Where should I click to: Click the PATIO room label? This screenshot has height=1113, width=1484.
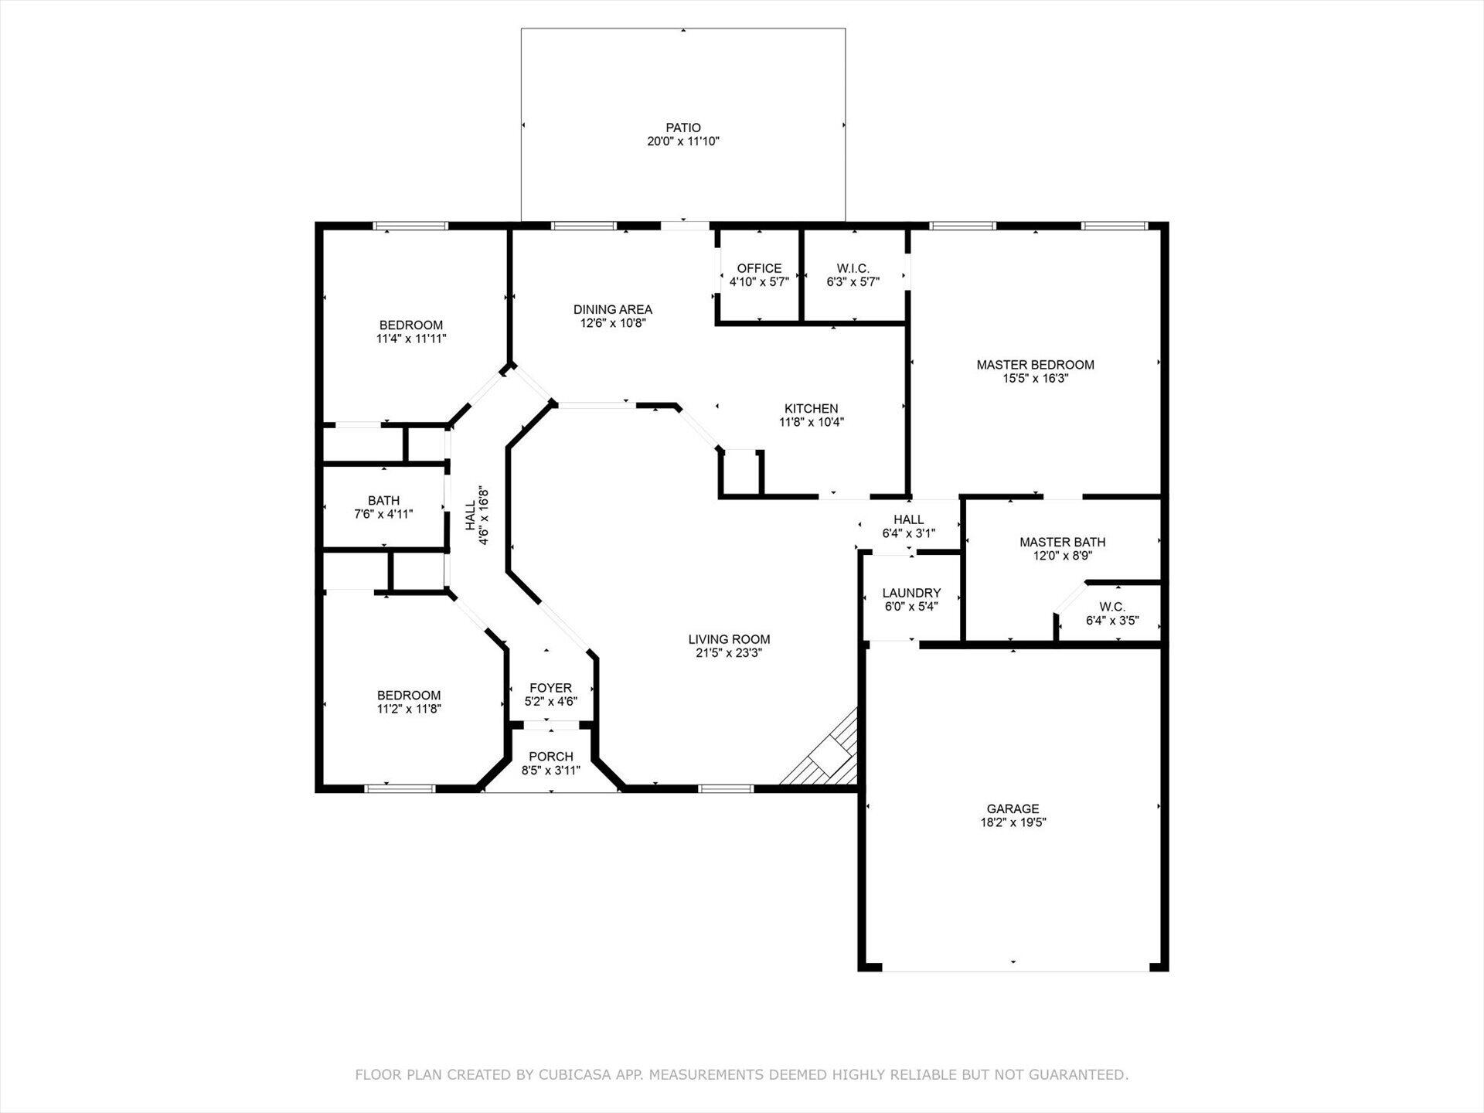coord(683,128)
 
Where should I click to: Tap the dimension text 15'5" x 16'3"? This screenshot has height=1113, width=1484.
coord(1035,379)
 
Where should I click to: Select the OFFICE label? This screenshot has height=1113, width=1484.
coord(759,268)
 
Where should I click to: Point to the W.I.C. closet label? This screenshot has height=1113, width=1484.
coord(853,268)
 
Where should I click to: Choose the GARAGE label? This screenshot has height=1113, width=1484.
coord(1013,808)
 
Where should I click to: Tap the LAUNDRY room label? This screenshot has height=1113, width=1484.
coord(911,593)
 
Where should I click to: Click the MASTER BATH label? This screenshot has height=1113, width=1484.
coord(1062,542)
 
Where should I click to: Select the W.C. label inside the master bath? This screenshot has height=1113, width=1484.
coord(1112,607)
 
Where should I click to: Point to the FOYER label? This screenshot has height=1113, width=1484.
coord(550,688)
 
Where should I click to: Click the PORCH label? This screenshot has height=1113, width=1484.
coord(551,757)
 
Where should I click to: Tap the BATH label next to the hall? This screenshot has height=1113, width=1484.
coord(383,501)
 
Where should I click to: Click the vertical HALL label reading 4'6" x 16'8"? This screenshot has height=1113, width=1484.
coord(477,516)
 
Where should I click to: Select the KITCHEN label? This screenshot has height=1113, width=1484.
coord(811,408)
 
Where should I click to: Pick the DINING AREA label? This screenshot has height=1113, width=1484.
coord(612,309)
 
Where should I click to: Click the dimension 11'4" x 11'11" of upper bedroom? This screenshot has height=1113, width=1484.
coord(411,339)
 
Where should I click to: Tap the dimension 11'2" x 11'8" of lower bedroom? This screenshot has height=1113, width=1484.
coord(409,709)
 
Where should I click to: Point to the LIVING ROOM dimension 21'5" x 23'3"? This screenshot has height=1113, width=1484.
coord(729,653)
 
